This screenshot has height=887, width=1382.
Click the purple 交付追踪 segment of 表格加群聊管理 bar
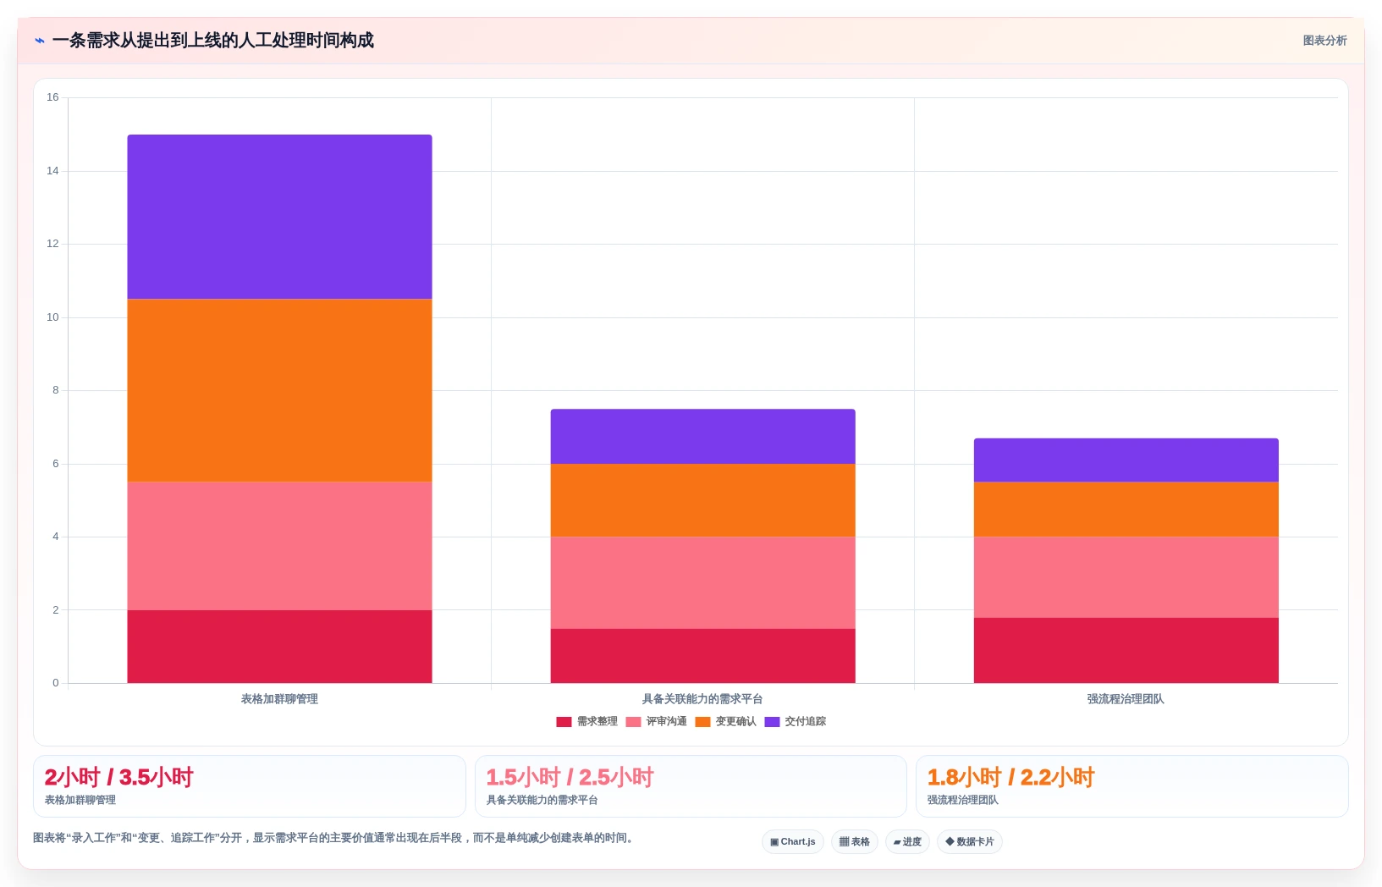(x=279, y=217)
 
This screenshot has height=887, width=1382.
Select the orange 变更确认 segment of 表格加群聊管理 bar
(x=279, y=390)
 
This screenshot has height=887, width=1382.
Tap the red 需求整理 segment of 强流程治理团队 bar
(x=1126, y=650)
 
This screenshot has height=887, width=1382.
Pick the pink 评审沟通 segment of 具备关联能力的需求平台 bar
(x=702, y=582)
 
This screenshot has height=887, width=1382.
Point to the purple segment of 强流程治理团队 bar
(x=1126, y=460)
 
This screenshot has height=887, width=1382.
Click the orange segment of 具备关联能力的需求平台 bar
(x=702, y=500)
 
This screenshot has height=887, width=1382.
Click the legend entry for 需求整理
(x=586, y=721)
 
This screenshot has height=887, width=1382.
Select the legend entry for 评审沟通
(x=657, y=721)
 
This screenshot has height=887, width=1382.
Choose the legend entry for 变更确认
(x=725, y=721)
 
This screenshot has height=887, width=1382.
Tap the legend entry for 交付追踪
(x=796, y=721)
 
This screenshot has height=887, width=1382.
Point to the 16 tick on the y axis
(x=52, y=96)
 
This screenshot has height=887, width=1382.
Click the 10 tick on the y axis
(x=52, y=317)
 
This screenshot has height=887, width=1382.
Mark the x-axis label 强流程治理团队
(x=1126, y=699)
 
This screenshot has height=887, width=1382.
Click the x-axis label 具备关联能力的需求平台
(x=702, y=699)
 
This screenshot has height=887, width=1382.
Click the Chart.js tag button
(x=793, y=841)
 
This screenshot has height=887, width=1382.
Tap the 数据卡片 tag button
(x=969, y=841)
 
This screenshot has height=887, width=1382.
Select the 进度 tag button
(x=907, y=841)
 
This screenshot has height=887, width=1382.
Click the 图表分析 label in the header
(x=1324, y=41)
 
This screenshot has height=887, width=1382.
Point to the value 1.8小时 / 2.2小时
(x=1010, y=777)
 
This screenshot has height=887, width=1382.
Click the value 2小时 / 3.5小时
(x=118, y=777)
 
